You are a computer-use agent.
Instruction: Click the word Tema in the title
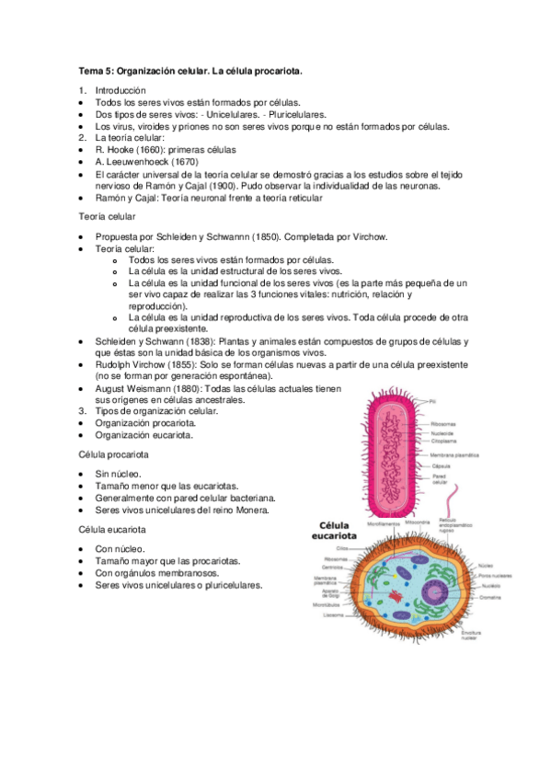[91, 70]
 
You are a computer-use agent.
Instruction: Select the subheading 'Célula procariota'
[114, 454]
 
